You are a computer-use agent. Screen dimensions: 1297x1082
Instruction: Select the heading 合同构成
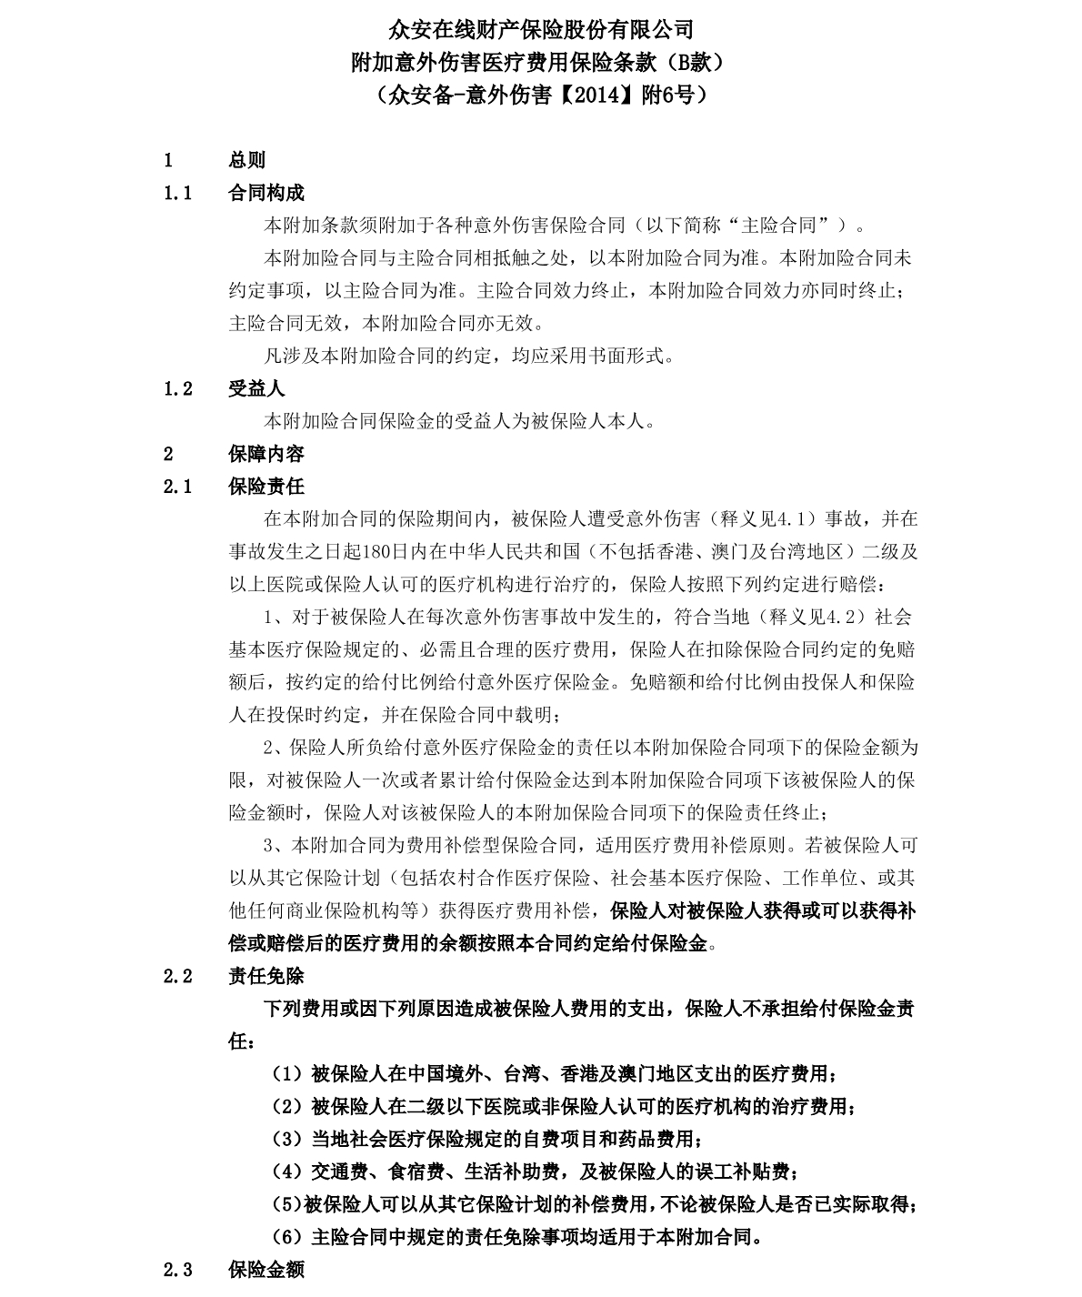265,193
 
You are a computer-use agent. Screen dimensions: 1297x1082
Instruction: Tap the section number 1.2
178,388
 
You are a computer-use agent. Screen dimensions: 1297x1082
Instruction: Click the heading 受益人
256,388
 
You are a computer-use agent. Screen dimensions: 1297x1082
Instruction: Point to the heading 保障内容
265,454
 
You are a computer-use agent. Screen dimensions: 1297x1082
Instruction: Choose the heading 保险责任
265,487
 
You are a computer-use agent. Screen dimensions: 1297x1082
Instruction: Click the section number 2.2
178,976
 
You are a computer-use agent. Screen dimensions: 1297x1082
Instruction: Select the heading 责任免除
265,976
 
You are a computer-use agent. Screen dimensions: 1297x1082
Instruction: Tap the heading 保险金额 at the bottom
265,1270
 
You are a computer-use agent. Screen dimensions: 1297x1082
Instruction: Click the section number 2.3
178,1270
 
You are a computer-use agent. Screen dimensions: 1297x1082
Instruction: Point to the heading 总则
246,160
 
